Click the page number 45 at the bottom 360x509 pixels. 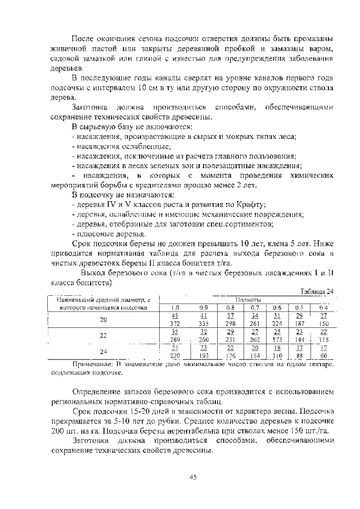pos(192,476)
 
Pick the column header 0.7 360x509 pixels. pos(254,307)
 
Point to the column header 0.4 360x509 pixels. pos(323,307)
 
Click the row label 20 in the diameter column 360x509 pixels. pos(103,319)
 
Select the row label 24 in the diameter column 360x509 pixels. pos(103,352)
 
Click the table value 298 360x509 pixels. pos(230,324)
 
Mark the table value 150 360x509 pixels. pos(323,324)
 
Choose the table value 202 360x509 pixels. pos(254,340)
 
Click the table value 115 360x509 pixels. pos(323,340)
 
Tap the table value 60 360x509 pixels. pos(323,356)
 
